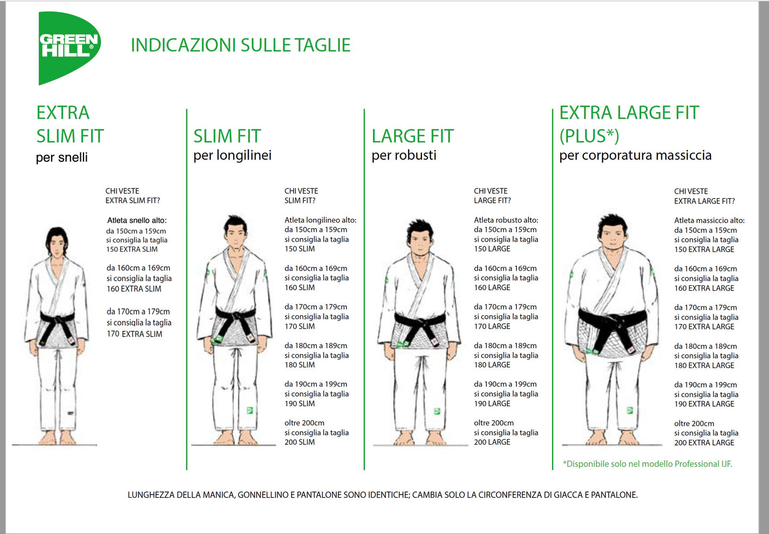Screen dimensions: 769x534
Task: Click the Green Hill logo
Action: click(x=69, y=47)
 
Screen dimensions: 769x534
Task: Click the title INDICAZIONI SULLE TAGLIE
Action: click(x=241, y=45)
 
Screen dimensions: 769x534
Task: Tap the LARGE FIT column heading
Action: click(x=412, y=136)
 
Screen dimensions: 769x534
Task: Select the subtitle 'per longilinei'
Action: click(x=233, y=155)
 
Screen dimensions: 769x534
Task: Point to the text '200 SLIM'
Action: click(x=300, y=442)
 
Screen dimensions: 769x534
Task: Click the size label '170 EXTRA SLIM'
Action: click(x=134, y=334)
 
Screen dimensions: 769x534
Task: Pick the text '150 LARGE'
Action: click(x=492, y=249)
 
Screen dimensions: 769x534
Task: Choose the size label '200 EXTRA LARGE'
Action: click(x=704, y=443)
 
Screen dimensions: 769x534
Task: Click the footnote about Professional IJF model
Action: click(x=648, y=464)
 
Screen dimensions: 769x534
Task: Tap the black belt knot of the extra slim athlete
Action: click(x=57, y=321)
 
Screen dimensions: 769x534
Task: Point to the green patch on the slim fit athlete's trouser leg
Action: click(x=250, y=410)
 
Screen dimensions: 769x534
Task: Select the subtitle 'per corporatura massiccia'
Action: click(x=635, y=155)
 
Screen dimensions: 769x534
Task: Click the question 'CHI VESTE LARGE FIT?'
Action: click(x=492, y=196)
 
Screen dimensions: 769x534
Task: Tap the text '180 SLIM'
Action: click(x=300, y=365)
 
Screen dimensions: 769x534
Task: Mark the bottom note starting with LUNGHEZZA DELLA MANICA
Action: click(x=383, y=495)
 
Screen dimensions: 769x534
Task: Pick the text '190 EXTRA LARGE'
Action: click(x=704, y=404)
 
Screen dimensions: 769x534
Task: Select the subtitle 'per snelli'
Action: click(x=62, y=158)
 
